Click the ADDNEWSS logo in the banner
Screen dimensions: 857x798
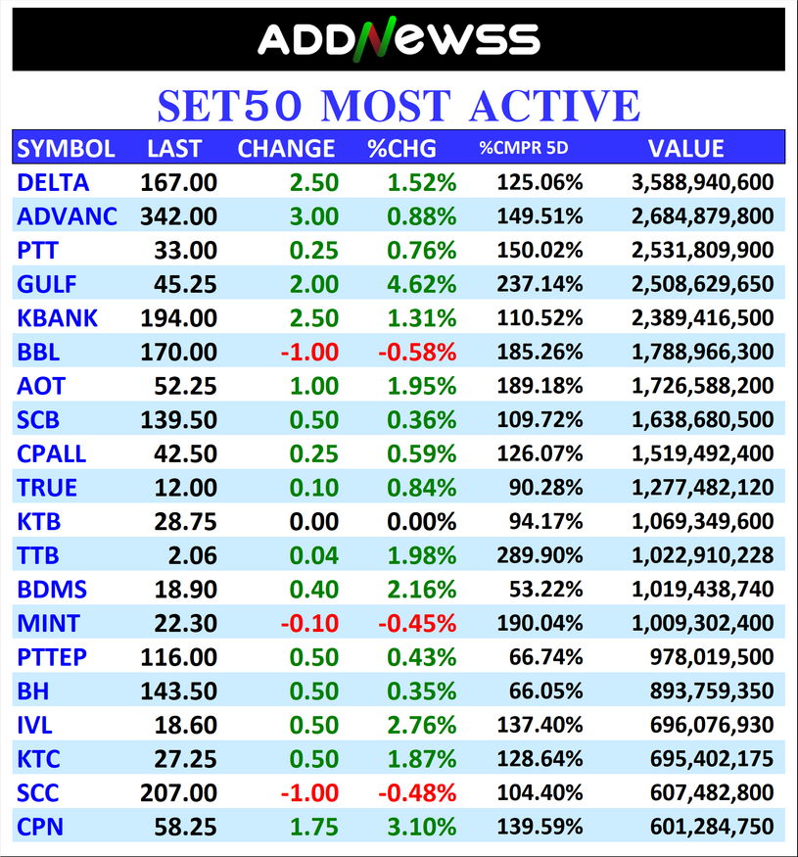399,39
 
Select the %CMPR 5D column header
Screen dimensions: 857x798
524,149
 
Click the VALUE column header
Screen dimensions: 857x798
685,149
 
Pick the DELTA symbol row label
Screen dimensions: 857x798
53,182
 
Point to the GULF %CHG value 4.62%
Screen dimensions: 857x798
421,284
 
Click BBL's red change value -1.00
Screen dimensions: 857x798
309,352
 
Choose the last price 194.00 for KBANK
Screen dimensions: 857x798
178,318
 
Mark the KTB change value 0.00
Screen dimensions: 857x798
314,521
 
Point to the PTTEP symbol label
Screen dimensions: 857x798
52,657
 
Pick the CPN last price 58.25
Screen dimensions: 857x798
185,827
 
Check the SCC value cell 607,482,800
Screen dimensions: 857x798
712,792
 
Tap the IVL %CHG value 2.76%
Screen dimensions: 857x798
421,725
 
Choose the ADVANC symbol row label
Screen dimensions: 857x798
67,216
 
